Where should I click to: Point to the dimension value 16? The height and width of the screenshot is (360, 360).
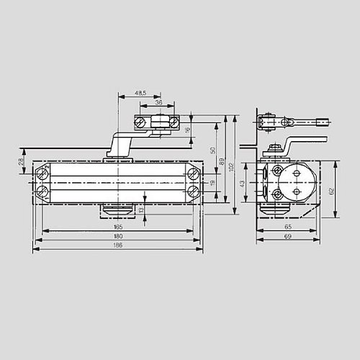click(x=188, y=130)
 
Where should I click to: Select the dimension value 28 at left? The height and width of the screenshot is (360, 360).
click(x=20, y=164)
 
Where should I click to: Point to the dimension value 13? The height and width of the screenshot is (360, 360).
click(x=141, y=210)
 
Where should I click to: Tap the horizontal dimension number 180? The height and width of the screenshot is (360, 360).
click(x=117, y=236)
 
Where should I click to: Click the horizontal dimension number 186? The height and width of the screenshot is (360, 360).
click(x=117, y=246)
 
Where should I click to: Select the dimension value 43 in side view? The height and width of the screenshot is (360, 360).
click(x=243, y=183)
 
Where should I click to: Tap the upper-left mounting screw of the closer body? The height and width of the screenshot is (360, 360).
click(x=44, y=174)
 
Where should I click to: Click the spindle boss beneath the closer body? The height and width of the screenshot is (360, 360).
click(x=117, y=209)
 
